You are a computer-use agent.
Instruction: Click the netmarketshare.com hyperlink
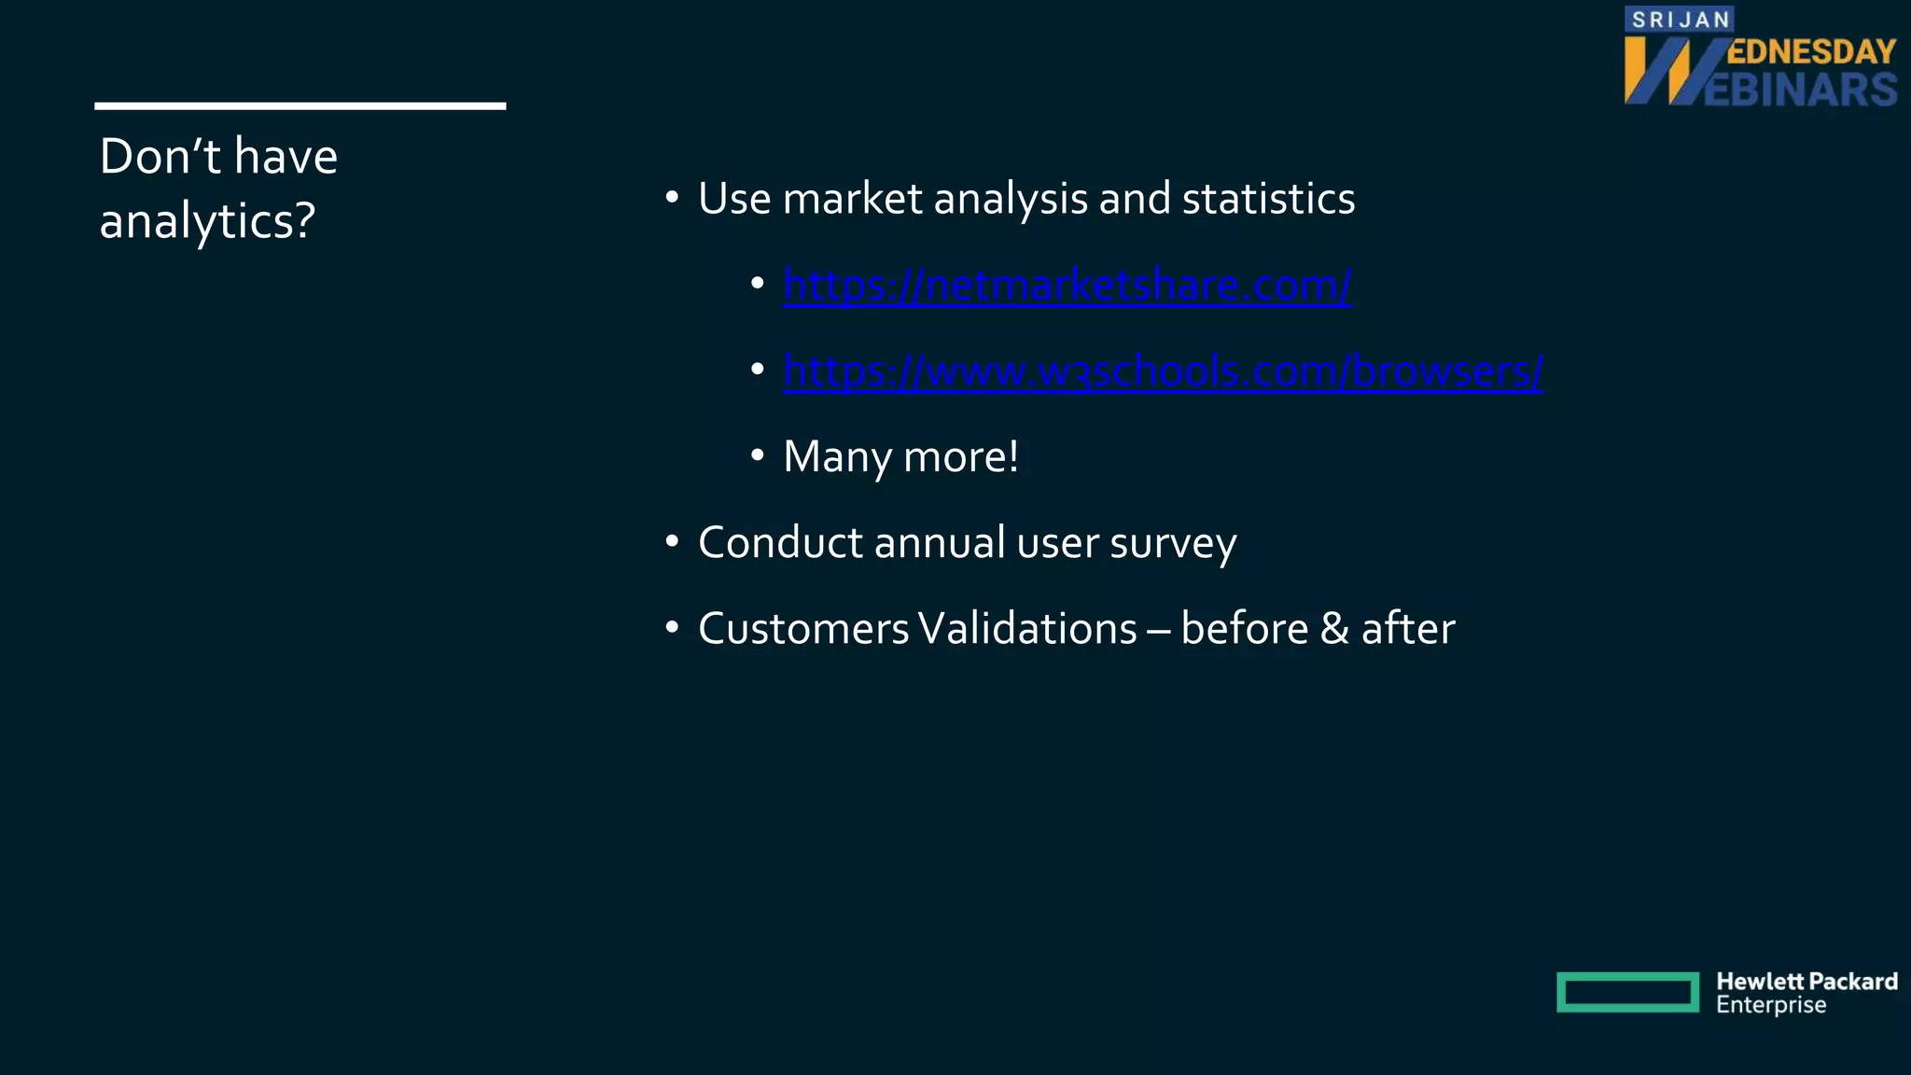[x=1067, y=286]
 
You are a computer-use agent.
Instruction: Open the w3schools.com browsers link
[x=1163, y=371]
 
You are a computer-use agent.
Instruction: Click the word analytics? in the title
[x=207, y=222]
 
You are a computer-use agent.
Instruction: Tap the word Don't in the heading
[x=160, y=156]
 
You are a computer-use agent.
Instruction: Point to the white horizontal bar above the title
[x=300, y=106]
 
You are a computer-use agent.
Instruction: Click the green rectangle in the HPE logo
[x=1627, y=992]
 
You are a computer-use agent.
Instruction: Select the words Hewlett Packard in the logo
[x=1806, y=982]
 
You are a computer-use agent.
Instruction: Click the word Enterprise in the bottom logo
[x=1770, y=1006]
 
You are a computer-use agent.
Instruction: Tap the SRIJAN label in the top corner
[x=1680, y=20]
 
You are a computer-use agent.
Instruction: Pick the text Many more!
[x=900, y=457]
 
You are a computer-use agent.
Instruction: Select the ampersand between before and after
[x=1334, y=629]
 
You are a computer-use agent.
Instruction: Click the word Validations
[x=1027, y=629]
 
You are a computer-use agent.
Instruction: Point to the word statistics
[x=1268, y=199]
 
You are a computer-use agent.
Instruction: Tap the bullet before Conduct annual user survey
[x=672, y=542]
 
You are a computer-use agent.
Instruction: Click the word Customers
[x=802, y=629]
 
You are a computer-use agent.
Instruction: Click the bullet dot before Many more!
[x=758, y=456]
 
